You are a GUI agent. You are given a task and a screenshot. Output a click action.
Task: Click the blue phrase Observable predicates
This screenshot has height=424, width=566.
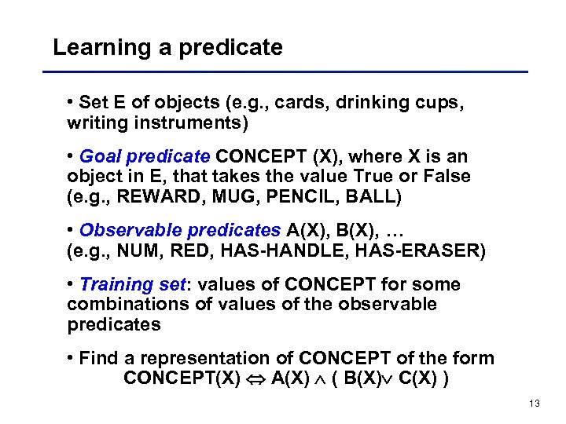(180, 230)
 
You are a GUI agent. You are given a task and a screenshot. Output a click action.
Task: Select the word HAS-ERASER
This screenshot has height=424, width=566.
(421, 250)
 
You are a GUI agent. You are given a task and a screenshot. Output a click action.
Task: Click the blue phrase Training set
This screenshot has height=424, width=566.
(134, 284)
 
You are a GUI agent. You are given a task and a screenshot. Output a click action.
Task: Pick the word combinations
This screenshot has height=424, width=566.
(128, 304)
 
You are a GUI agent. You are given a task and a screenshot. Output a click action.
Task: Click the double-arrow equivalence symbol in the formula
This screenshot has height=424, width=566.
(255, 378)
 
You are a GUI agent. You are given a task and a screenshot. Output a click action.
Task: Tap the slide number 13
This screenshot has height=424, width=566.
(535, 404)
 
